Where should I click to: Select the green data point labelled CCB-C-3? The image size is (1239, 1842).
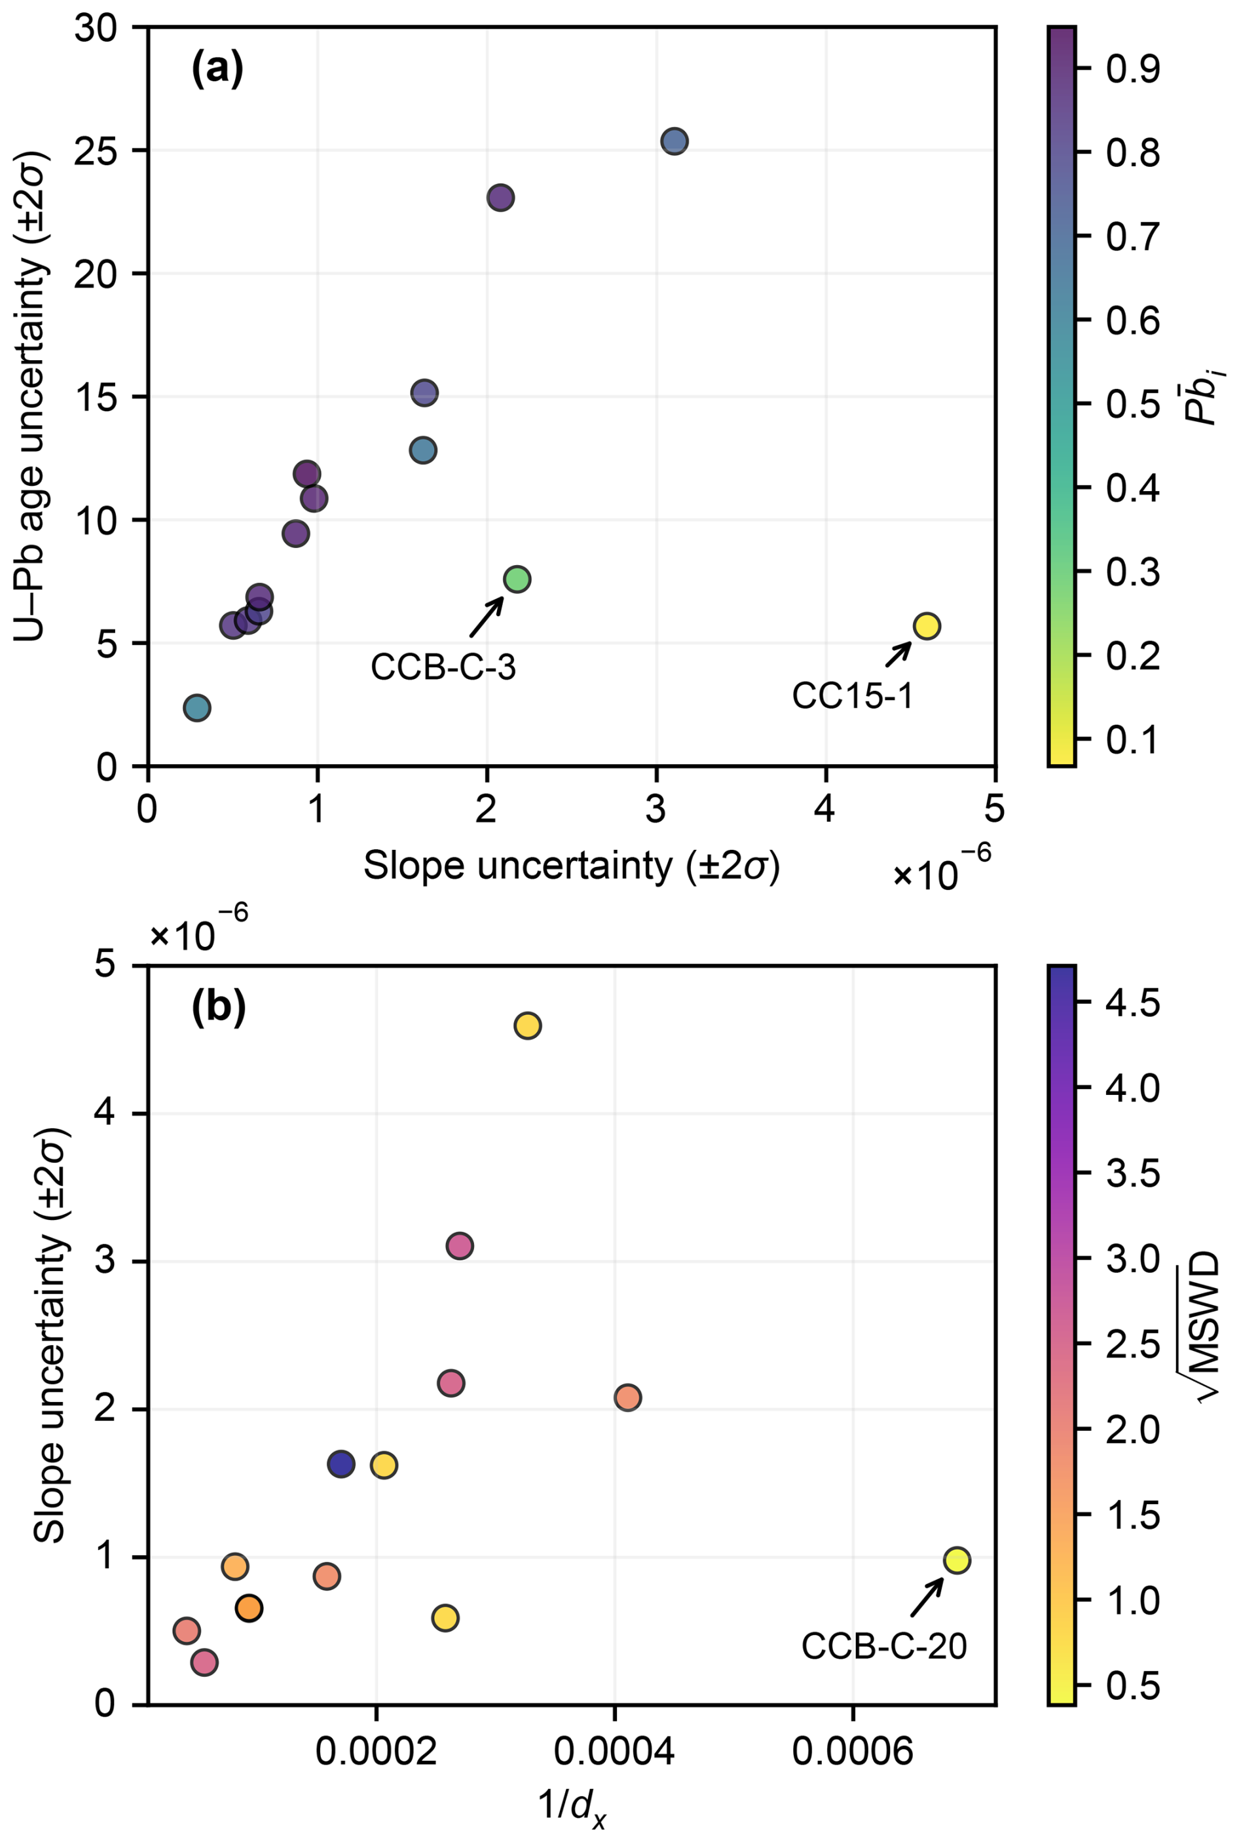[x=517, y=580]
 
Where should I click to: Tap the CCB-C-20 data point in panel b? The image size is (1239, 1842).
[x=957, y=1560]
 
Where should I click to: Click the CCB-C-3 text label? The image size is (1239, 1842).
[x=443, y=667]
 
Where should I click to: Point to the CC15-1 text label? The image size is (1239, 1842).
[x=853, y=696]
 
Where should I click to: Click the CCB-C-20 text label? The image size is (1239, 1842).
[x=884, y=1646]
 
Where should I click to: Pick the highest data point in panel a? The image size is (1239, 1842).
[x=674, y=141]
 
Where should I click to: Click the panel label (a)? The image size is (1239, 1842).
[x=217, y=69]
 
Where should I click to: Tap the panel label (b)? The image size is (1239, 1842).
[x=218, y=1007]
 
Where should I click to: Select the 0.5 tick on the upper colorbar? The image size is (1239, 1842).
[x=1132, y=403]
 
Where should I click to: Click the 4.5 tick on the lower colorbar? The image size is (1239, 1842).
[x=1132, y=1003]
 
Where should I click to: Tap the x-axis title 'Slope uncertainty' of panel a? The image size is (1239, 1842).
[x=570, y=867]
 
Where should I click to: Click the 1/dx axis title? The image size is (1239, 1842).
[x=572, y=1804]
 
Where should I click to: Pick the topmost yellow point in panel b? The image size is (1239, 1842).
[x=527, y=1026]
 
